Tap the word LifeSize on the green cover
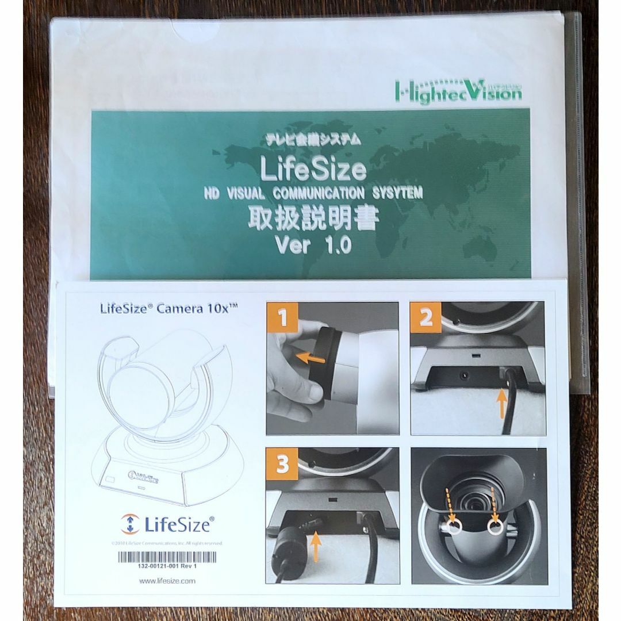(313, 170)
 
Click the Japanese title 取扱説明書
(313, 218)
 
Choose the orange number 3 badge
(282, 465)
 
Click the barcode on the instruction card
(167, 556)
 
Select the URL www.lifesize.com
(167, 581)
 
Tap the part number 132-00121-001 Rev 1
(167, 566)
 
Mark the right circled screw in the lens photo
(494, 526)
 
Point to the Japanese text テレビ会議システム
(313, 139)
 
